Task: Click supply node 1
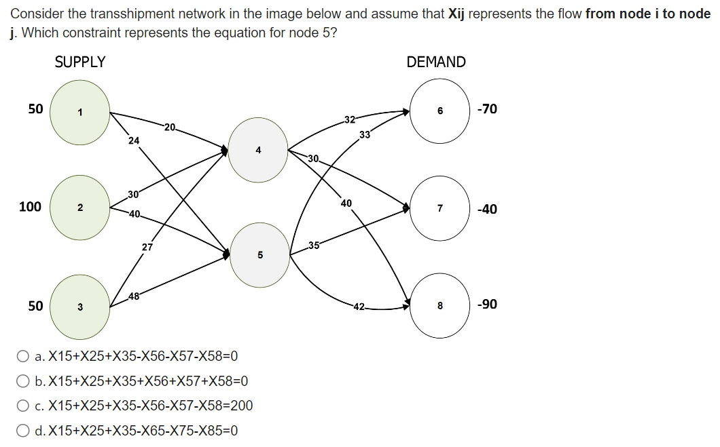coord(79,113)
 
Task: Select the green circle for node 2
coord(79,208)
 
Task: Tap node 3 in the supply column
coord(79,307)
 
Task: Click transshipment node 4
coord(258,150)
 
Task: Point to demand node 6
coord(439,110)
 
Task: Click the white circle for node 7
coord(439,208)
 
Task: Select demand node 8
coord(439,305)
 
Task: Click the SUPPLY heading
coord(80,62)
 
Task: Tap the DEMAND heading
coord(436,62)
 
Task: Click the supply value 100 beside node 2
coord(30,206)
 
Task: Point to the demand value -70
coord(487,109)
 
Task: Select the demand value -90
coord(487,304)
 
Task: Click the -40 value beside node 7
coord(487,209)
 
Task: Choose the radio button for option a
coord(23,356)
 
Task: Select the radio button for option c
coord(23,406)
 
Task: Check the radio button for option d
coord(23,430)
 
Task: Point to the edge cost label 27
coord(147,247)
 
